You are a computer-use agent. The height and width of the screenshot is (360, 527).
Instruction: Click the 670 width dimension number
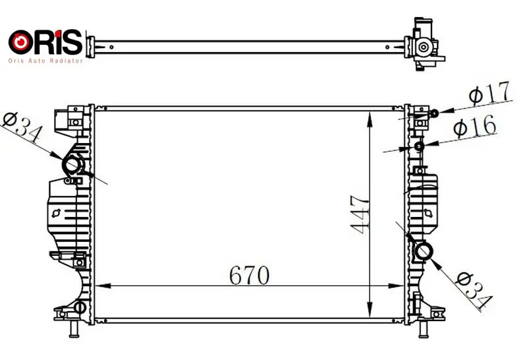pos(249,275)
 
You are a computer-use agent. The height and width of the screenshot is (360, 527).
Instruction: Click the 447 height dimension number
pos(360,215)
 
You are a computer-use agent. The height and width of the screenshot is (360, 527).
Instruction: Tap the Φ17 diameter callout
pos(489,92)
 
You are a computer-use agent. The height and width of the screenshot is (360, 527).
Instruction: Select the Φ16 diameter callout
pos(474,125)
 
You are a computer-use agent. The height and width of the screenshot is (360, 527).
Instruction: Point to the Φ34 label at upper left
pos(22,127)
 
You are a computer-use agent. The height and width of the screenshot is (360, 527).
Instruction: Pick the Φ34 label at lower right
pos(474,290)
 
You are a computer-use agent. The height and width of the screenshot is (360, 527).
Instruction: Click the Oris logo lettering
pos(45,42)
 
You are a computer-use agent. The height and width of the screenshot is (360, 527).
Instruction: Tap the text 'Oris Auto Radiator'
pos(45,61)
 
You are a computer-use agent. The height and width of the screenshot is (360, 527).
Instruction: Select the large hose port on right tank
pos(424,252)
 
